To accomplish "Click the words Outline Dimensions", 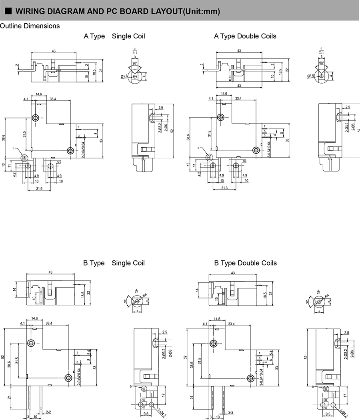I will pyautogui.click(x=30, y=26).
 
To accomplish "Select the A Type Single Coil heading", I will pyautogui.click(x=114, y=36).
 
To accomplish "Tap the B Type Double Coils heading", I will pyautogui.click(x=245, y=263).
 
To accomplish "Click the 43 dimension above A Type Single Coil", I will pyautogui.click(x=54, y=51).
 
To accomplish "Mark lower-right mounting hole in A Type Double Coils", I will pyautogui.click(x=255, y=150).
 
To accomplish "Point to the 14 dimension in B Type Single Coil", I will pyautogui.click(x=14, y=290).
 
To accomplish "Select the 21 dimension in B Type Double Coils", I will pyautogui.click(x=192, y=398).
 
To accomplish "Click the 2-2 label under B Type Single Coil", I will pyautogui.click(x=48, y=412).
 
